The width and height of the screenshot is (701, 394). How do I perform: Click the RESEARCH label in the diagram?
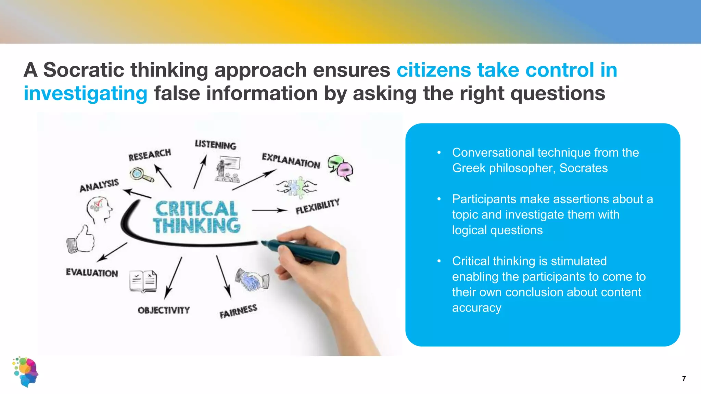150,155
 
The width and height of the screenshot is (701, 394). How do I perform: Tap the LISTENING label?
216,144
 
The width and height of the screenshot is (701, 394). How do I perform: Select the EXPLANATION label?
291,161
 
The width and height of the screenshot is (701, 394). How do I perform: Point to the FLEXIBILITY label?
317,206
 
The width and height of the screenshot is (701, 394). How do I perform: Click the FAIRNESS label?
238,311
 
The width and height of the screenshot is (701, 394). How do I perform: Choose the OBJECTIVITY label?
164,310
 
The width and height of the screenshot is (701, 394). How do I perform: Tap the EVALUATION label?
92,273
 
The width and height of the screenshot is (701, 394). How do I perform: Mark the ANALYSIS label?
99,185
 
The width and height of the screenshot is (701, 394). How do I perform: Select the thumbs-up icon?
81,239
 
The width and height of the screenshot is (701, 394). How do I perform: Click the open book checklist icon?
143,281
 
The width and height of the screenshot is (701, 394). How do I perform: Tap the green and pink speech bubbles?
341,167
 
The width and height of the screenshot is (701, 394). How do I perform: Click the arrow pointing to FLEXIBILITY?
269,210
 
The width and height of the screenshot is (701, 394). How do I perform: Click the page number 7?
684,378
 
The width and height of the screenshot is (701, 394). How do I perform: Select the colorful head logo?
26,372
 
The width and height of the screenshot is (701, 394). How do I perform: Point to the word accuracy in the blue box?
476,308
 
